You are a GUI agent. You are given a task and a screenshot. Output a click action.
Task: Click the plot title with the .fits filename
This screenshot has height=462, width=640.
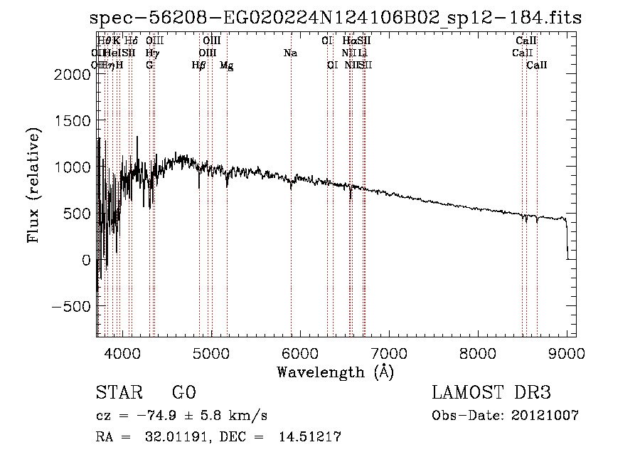(x=336, y=19)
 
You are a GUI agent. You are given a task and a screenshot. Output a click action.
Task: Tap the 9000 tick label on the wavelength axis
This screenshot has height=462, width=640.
(x=567, y=352)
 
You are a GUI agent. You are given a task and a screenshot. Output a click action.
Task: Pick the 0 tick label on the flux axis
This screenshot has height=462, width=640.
(x=86, y=260)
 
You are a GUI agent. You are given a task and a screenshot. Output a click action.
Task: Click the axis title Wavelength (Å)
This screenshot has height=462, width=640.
(x=335, y=372)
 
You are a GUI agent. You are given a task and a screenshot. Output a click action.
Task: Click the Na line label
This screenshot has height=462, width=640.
(x=290, y=53)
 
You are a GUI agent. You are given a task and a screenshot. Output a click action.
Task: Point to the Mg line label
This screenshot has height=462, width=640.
(x=226, y=65)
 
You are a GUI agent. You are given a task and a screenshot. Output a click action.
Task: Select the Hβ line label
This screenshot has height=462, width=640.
(x=198, y=65)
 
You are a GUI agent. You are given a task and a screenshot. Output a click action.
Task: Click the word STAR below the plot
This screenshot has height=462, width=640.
(x=118, y=393)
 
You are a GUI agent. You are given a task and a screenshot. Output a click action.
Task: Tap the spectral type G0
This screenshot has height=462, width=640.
(x=183, y=393)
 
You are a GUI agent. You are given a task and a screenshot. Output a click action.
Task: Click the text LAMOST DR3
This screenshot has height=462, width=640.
(x=491, y=393)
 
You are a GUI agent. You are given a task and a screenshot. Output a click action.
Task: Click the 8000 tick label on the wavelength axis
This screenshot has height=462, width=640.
(x=477, y=352)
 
